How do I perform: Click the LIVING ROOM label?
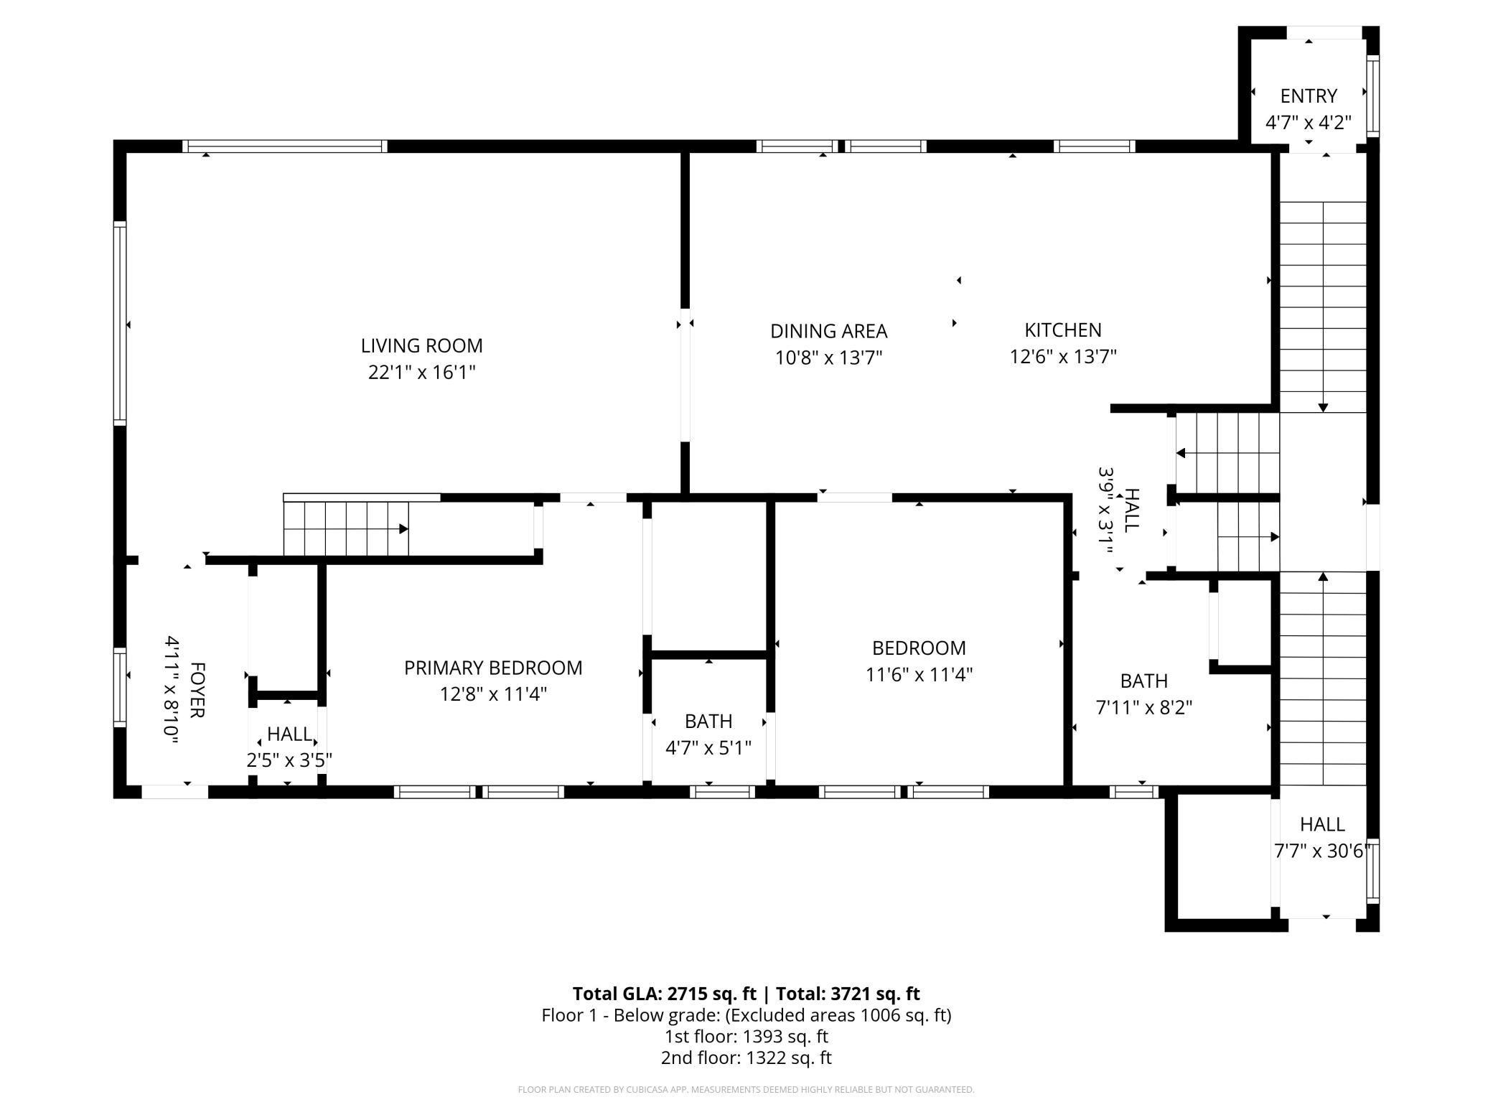coord(421,346)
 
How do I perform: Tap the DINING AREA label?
coord(828,331)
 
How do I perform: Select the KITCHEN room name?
coord(1062,330)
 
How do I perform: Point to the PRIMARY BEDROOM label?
coord(493,668)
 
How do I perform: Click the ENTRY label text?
coord(1309,96)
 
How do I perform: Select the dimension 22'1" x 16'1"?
coord(422,373)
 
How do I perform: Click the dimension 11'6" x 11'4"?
coord(919,675)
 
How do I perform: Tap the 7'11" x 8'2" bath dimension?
coord(1144,708)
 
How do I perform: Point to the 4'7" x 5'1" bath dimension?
coord(708,748)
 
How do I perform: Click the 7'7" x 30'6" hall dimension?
coord(1323,851)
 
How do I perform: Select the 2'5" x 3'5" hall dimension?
coord(289,760)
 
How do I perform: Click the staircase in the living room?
coord(346,528)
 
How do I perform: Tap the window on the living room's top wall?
coord(284,146)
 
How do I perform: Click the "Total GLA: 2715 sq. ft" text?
coord(665,994)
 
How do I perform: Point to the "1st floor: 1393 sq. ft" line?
coord(746,1037)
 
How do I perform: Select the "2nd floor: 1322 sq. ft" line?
coord(746,1058)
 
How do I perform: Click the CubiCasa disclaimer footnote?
coord(746,1090)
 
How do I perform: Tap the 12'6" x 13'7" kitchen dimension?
coord(1063,357)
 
